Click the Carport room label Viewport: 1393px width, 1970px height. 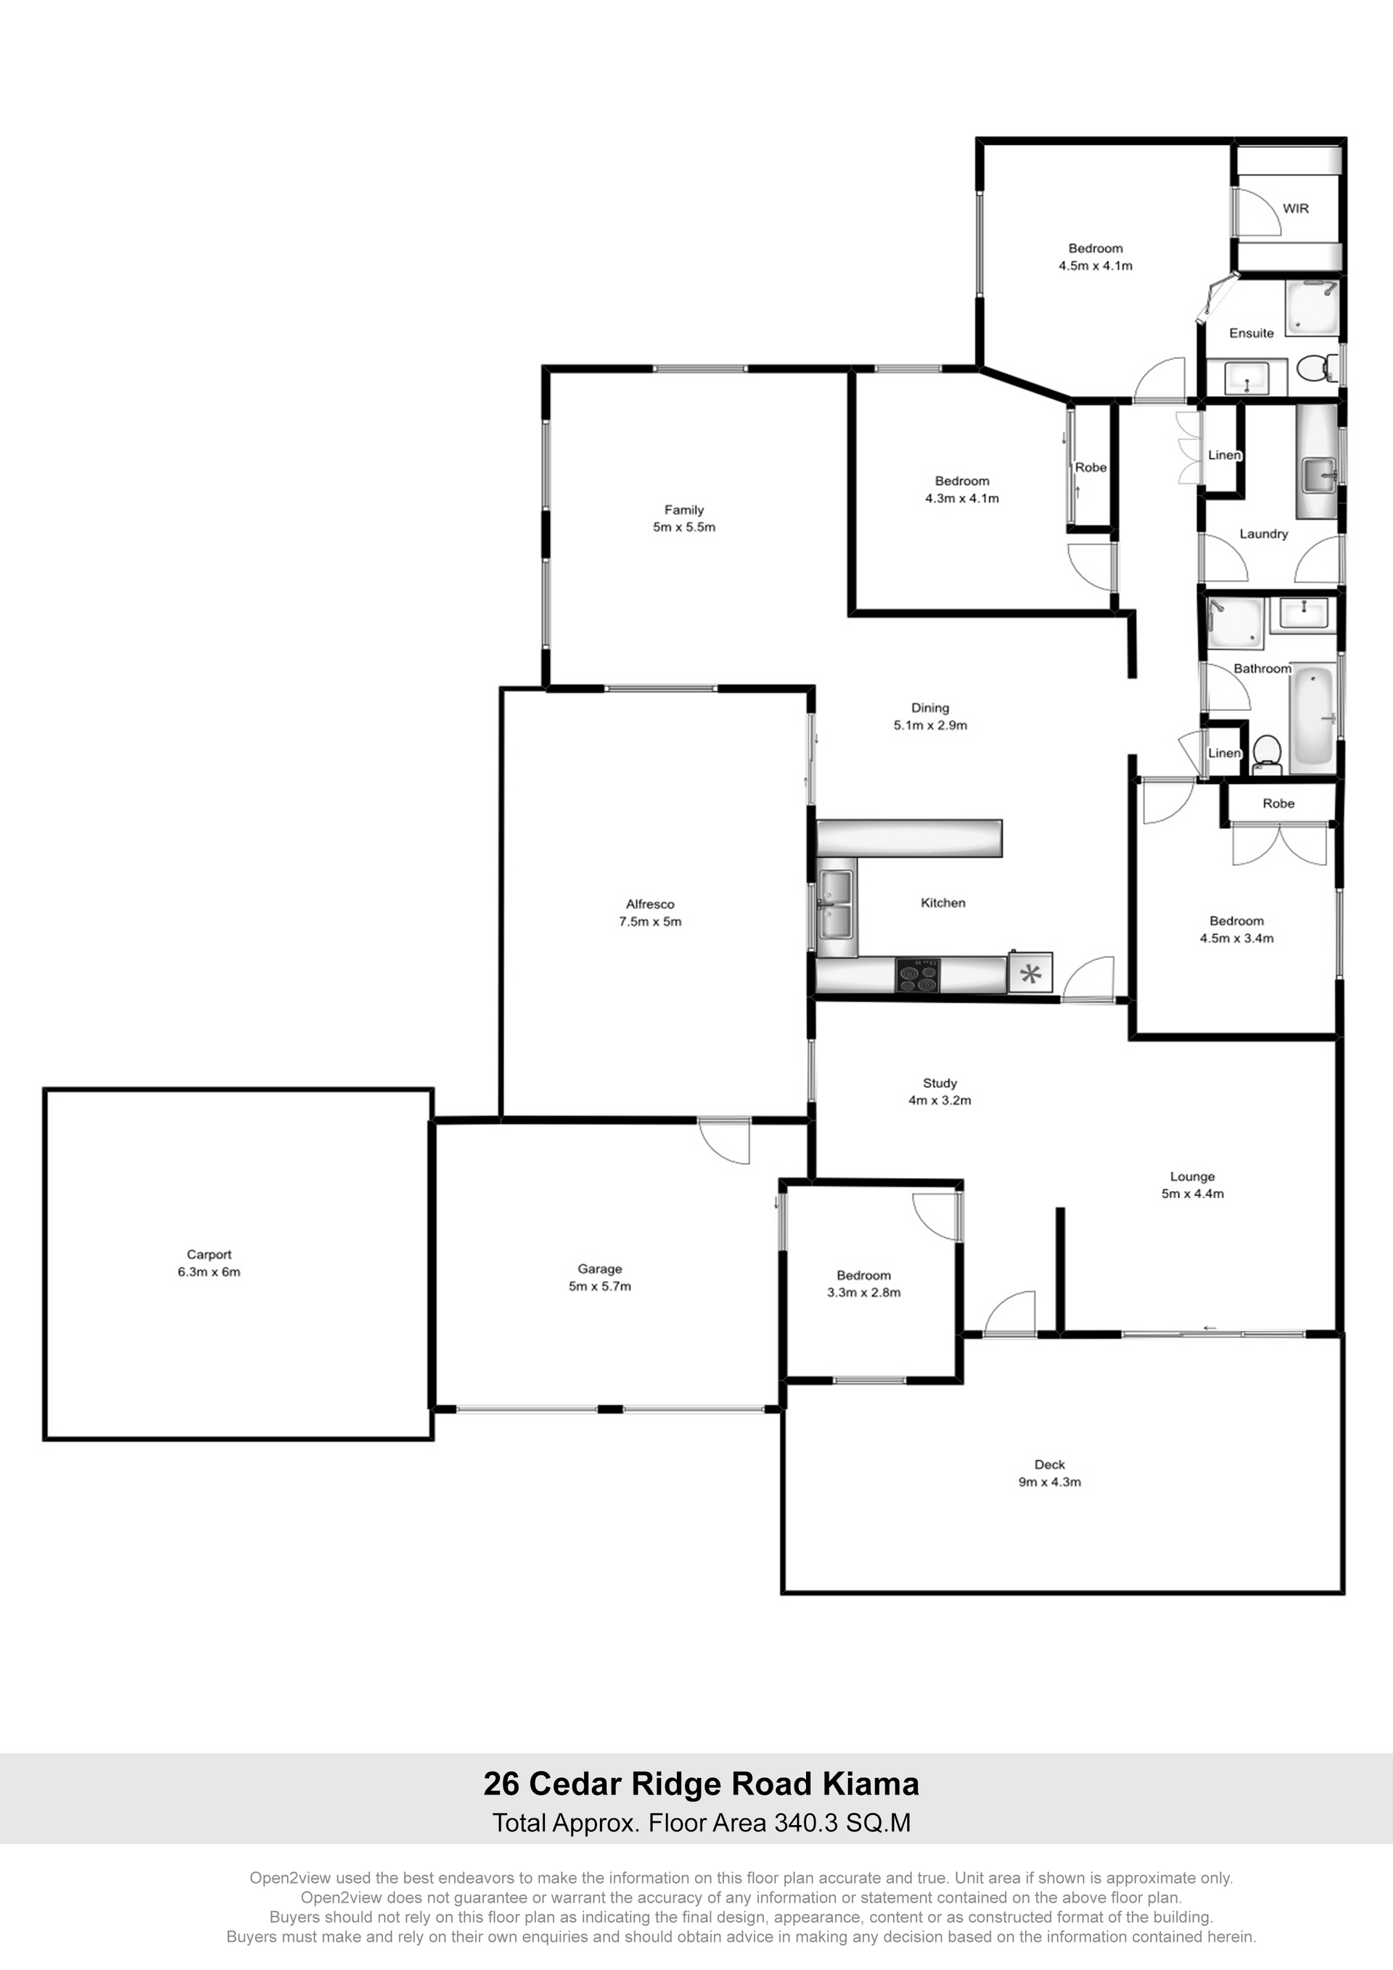[210, 1254]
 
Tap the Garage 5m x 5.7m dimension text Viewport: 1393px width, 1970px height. [600, 1286]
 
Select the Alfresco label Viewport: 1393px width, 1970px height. [650, 904]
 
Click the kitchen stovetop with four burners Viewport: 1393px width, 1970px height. [918, 975]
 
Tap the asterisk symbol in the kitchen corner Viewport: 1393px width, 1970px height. [1030, 974]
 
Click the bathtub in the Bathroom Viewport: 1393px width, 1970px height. [1313, 717]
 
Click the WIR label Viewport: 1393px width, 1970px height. [1296, 208]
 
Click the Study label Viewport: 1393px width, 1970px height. [940, 1083]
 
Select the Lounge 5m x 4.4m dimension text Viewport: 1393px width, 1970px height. [1192, 1193]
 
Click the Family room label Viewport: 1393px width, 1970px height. [684, 510]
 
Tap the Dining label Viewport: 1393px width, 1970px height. [930, 708]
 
